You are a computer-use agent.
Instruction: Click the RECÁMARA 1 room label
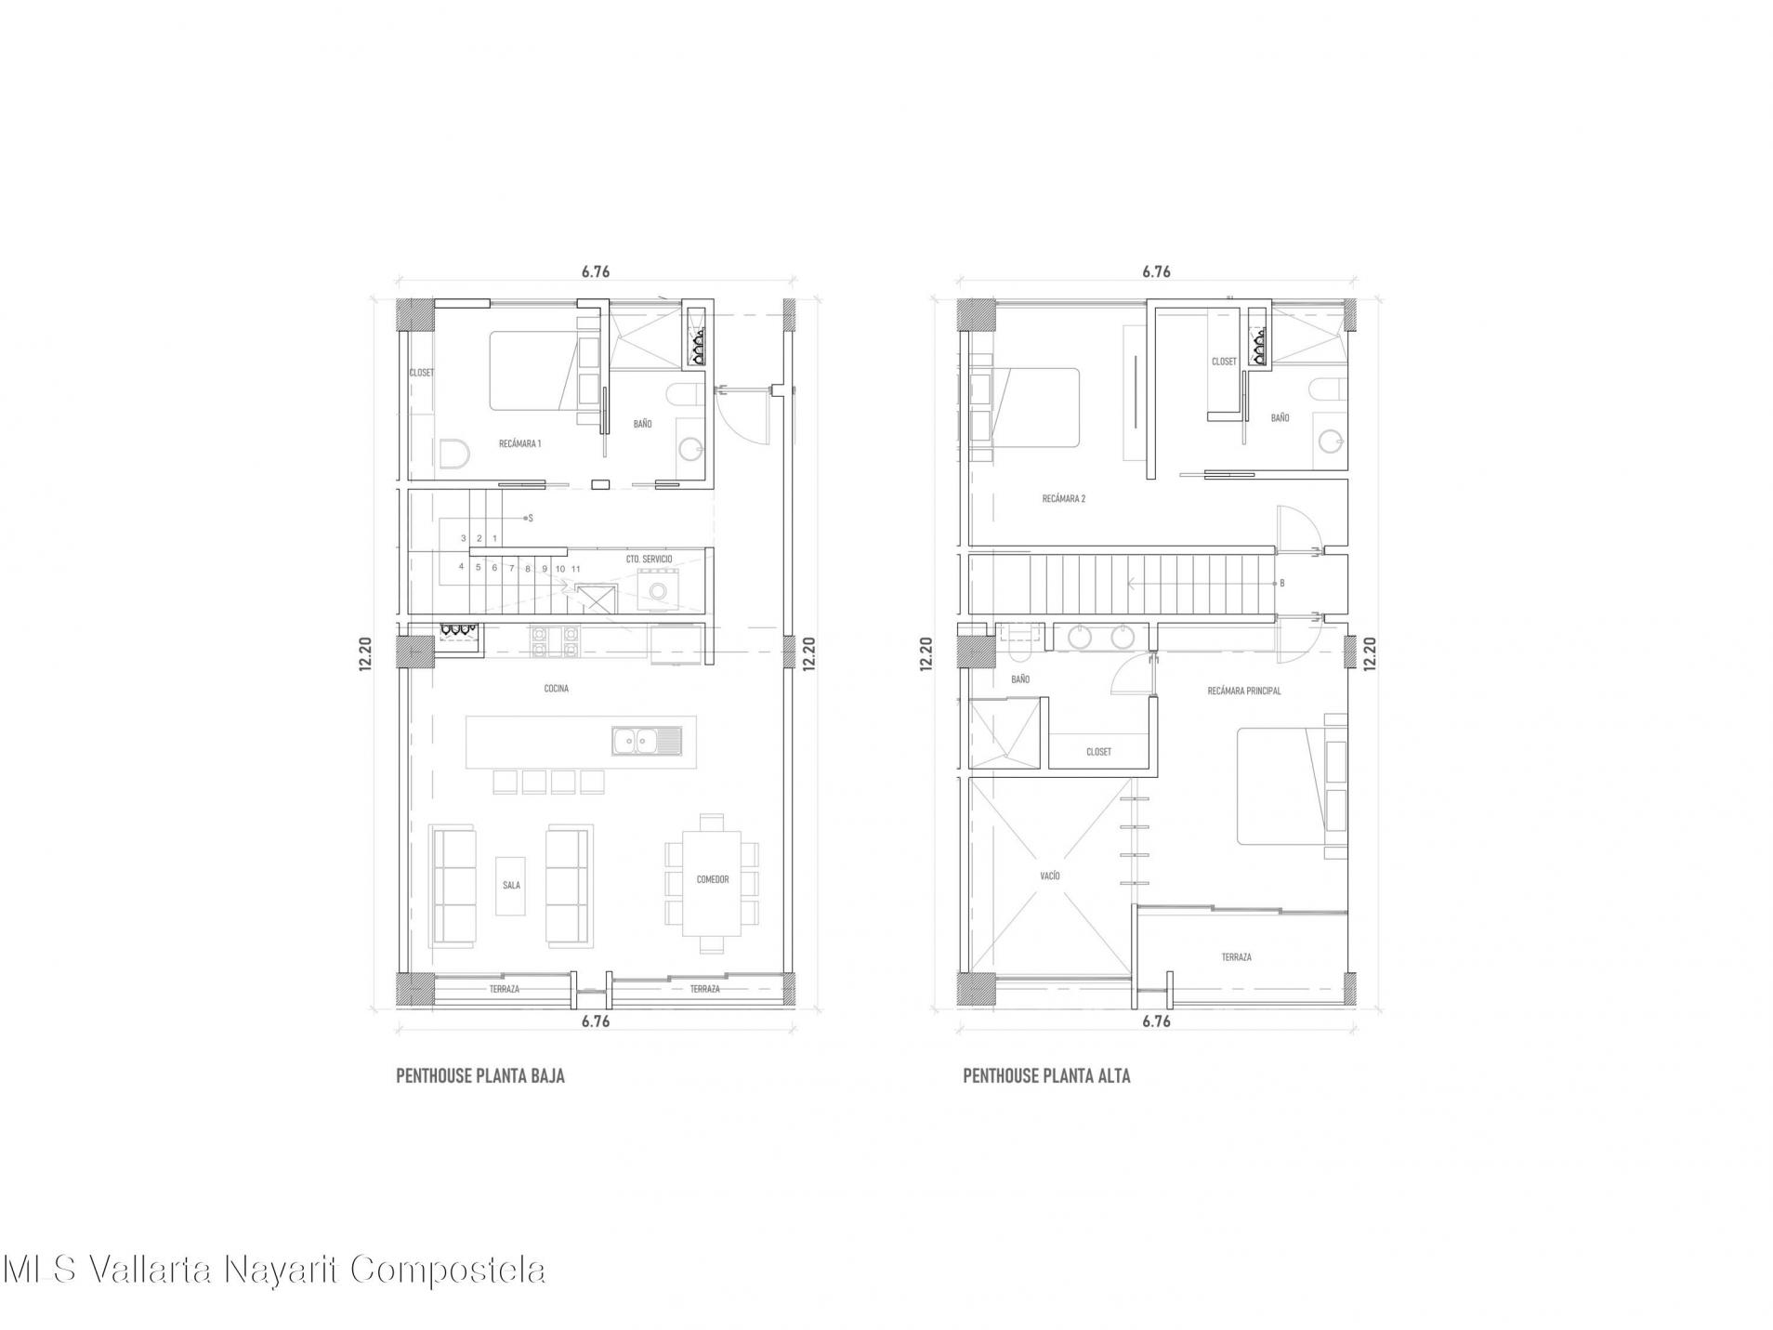tap(519, 443)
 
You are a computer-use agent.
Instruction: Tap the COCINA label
tap(556, 689)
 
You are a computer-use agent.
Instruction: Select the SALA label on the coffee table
tap(511, 885)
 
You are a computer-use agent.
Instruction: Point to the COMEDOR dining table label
tap(712, 879)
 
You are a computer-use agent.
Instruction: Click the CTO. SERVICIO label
tap(649, 560)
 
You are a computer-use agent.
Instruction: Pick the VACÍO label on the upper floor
tap(1050, 876)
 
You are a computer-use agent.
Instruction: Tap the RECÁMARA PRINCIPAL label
tap(1244, 691)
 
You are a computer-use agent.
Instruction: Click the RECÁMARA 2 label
tap(1064, 499)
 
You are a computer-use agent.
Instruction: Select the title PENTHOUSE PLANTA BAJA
tap(480, 1076)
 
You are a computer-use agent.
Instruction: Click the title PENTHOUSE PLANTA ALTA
tap(1046, 1076)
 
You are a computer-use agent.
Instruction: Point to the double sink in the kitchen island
tap(646, 741)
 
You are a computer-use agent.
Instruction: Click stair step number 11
tap(576, 569)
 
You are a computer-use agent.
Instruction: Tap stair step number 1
tap(494, 538)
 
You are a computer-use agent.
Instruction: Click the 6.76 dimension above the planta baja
tap(596, 272)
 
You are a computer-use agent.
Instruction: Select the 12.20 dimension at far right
tap(1369, 652)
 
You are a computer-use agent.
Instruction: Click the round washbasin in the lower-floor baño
tap(690, 450)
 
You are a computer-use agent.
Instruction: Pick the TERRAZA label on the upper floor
tap(1236, 957)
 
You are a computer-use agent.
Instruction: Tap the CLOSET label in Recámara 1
tap(422, 373)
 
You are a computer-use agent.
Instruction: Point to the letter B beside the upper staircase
tap(1281, 583)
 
